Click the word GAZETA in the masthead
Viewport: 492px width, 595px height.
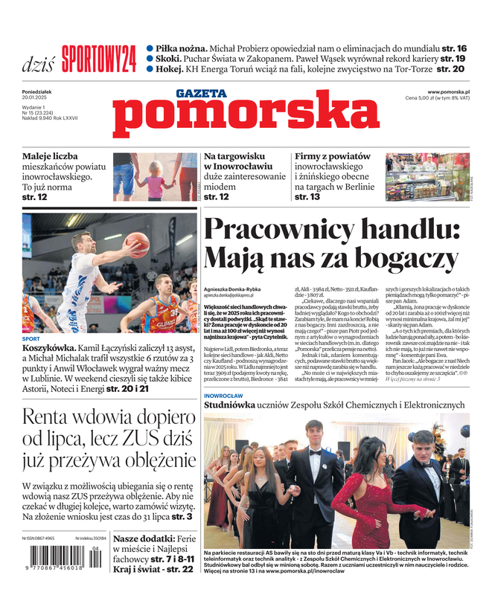click(x=201, y=94)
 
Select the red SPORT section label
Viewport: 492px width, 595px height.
click(x=32, y=338)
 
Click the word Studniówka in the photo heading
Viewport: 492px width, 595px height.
click(x=237, y=405)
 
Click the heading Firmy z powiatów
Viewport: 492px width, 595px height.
click(x=333, y=157)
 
